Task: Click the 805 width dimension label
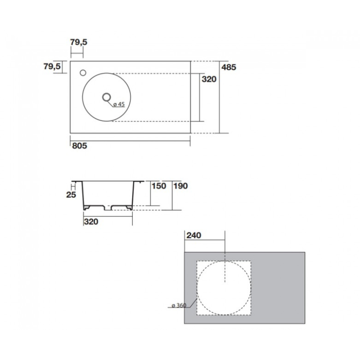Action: click(80, 146)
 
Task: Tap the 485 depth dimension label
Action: click(229, 67)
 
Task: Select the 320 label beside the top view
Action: click(209, 79)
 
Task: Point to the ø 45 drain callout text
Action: click(119, 104)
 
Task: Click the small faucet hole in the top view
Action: click(83, 73)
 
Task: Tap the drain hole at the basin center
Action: click(107, 97)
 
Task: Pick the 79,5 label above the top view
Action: click(78, 42)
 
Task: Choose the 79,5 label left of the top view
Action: click(52, 66)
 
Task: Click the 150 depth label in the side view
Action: click(159, 186)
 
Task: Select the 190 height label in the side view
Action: click(180, 186)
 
